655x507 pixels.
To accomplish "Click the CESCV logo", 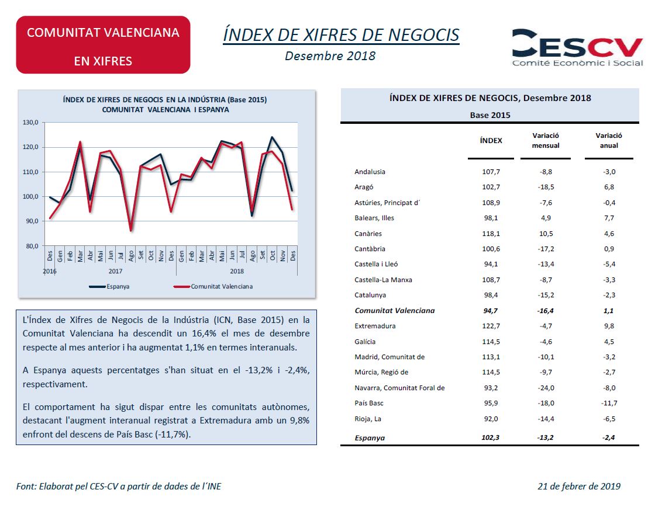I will tap(577, 47).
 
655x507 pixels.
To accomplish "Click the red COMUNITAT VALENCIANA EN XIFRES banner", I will tap(103, 45).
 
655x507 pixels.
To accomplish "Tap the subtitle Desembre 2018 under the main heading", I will tap(330, 56).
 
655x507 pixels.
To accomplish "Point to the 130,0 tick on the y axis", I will tap(30, 123).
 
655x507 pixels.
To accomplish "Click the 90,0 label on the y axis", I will tap(31, 221).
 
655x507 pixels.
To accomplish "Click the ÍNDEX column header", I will tap(491, 140).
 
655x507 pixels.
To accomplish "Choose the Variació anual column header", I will tap(609, 140).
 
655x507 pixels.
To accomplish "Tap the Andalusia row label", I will tap(370, 172).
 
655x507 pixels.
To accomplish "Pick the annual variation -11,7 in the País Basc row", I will tap(609, 403).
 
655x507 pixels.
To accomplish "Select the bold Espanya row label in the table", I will tap(370, 437).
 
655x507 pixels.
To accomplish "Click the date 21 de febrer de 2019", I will tap(579, 486).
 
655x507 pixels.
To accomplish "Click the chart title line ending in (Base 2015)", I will tap(165, 100).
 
